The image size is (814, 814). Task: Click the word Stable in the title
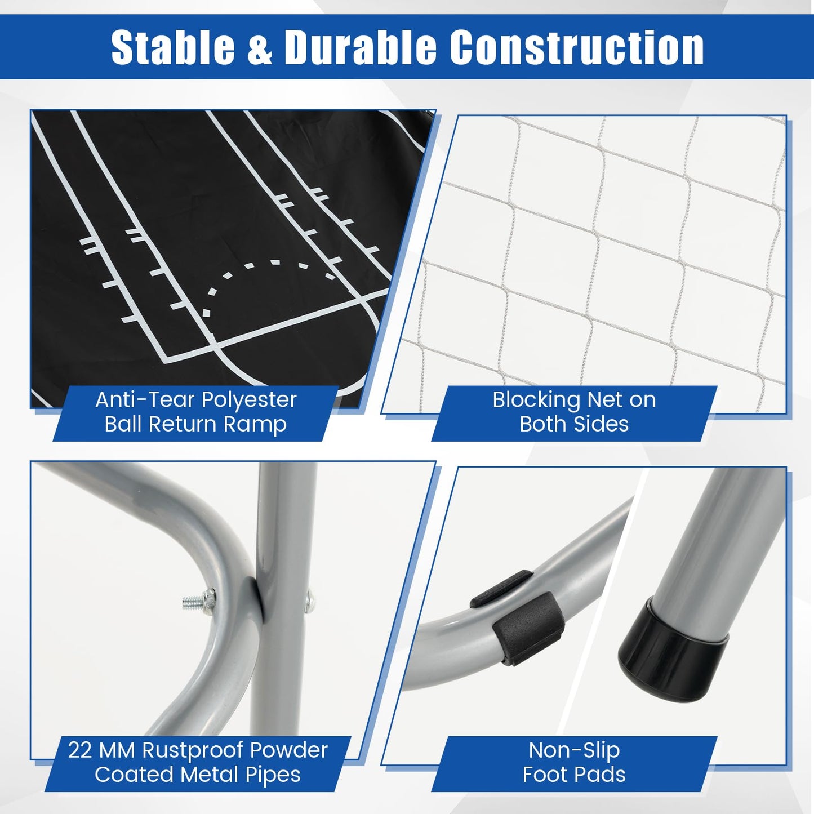(173, 47)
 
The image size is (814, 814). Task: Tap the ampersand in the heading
(259, 47)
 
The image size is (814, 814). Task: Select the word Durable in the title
(361, 47)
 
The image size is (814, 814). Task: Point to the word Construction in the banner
(576, 47)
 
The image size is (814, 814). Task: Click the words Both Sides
(574, 424)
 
